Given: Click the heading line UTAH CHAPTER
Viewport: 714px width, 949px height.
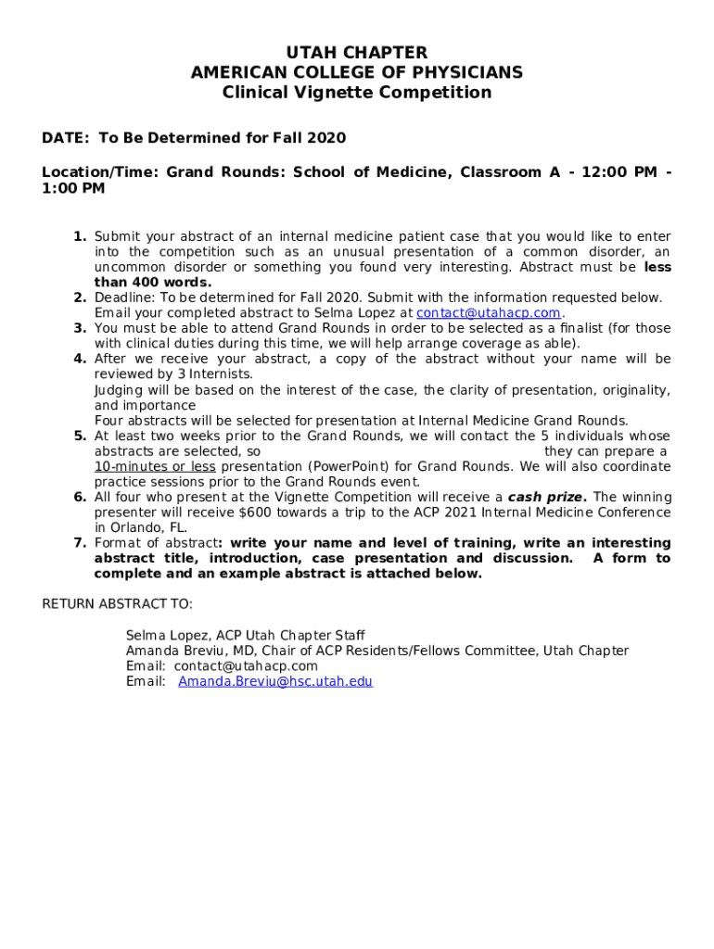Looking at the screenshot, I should click(357, 53).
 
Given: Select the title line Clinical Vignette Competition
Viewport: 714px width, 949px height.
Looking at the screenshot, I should click(357, 93).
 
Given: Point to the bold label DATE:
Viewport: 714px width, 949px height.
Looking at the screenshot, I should click(66, 138).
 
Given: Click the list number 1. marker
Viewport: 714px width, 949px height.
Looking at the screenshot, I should click(81, 237).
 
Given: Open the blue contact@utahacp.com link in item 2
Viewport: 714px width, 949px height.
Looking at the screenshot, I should click(489, 313).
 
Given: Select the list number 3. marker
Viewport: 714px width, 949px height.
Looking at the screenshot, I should click(81, 328).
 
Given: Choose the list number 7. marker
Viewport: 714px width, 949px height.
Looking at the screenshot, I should click(81, 543).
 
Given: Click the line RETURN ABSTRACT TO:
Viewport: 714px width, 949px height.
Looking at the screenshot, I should click(118, 604).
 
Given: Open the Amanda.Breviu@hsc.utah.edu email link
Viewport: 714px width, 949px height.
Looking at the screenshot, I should click(275, 681).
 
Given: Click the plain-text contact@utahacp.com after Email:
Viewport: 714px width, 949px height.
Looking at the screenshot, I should click(246, 666).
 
